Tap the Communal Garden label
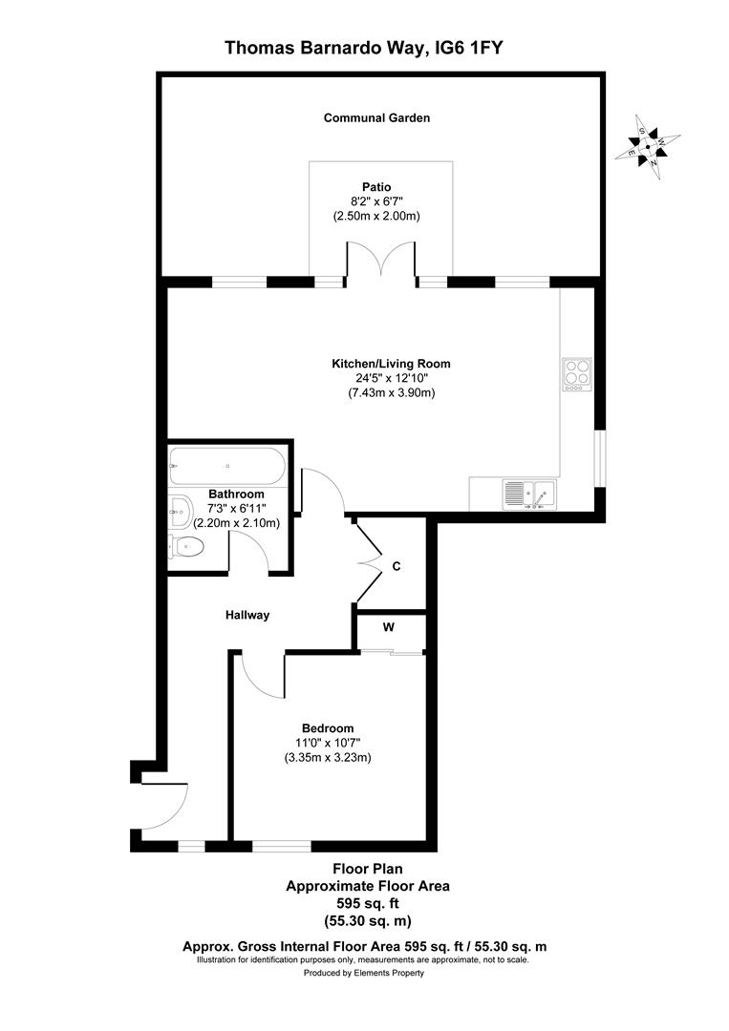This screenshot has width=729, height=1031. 376,118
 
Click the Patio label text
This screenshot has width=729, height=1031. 376,187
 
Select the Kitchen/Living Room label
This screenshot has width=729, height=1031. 391,364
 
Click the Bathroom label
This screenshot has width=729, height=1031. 236,494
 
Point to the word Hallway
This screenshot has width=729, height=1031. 247,616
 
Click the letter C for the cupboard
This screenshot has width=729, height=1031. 397,566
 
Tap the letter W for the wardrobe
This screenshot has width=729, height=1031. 388,627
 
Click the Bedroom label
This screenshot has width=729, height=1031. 328,726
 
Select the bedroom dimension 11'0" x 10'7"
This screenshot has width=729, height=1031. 328,742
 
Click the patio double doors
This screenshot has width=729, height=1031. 381,263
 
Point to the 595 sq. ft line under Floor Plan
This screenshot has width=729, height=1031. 367,903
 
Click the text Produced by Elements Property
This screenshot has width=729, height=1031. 364,973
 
